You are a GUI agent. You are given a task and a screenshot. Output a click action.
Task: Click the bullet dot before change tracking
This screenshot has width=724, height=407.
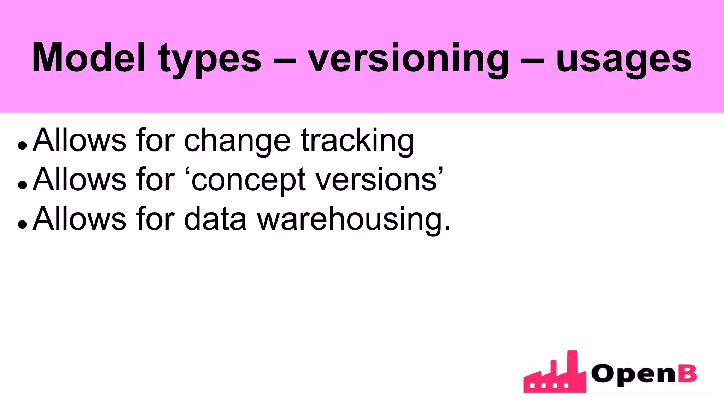[22, 145]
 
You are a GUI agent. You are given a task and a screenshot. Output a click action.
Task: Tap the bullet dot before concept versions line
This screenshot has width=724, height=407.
[22, 184]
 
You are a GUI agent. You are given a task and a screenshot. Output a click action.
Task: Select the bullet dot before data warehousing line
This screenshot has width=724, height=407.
[22, 224]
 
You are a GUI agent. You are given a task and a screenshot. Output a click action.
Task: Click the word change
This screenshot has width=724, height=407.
[237, 141]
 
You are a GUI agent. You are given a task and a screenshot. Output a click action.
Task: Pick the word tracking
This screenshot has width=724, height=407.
[357, 141]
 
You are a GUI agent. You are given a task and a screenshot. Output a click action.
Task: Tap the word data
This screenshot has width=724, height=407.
[215, 219]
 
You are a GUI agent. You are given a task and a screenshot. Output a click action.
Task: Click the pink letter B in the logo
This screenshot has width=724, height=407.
[687, 373]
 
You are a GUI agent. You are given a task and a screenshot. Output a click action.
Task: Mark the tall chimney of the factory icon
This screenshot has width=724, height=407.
[572, 364]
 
